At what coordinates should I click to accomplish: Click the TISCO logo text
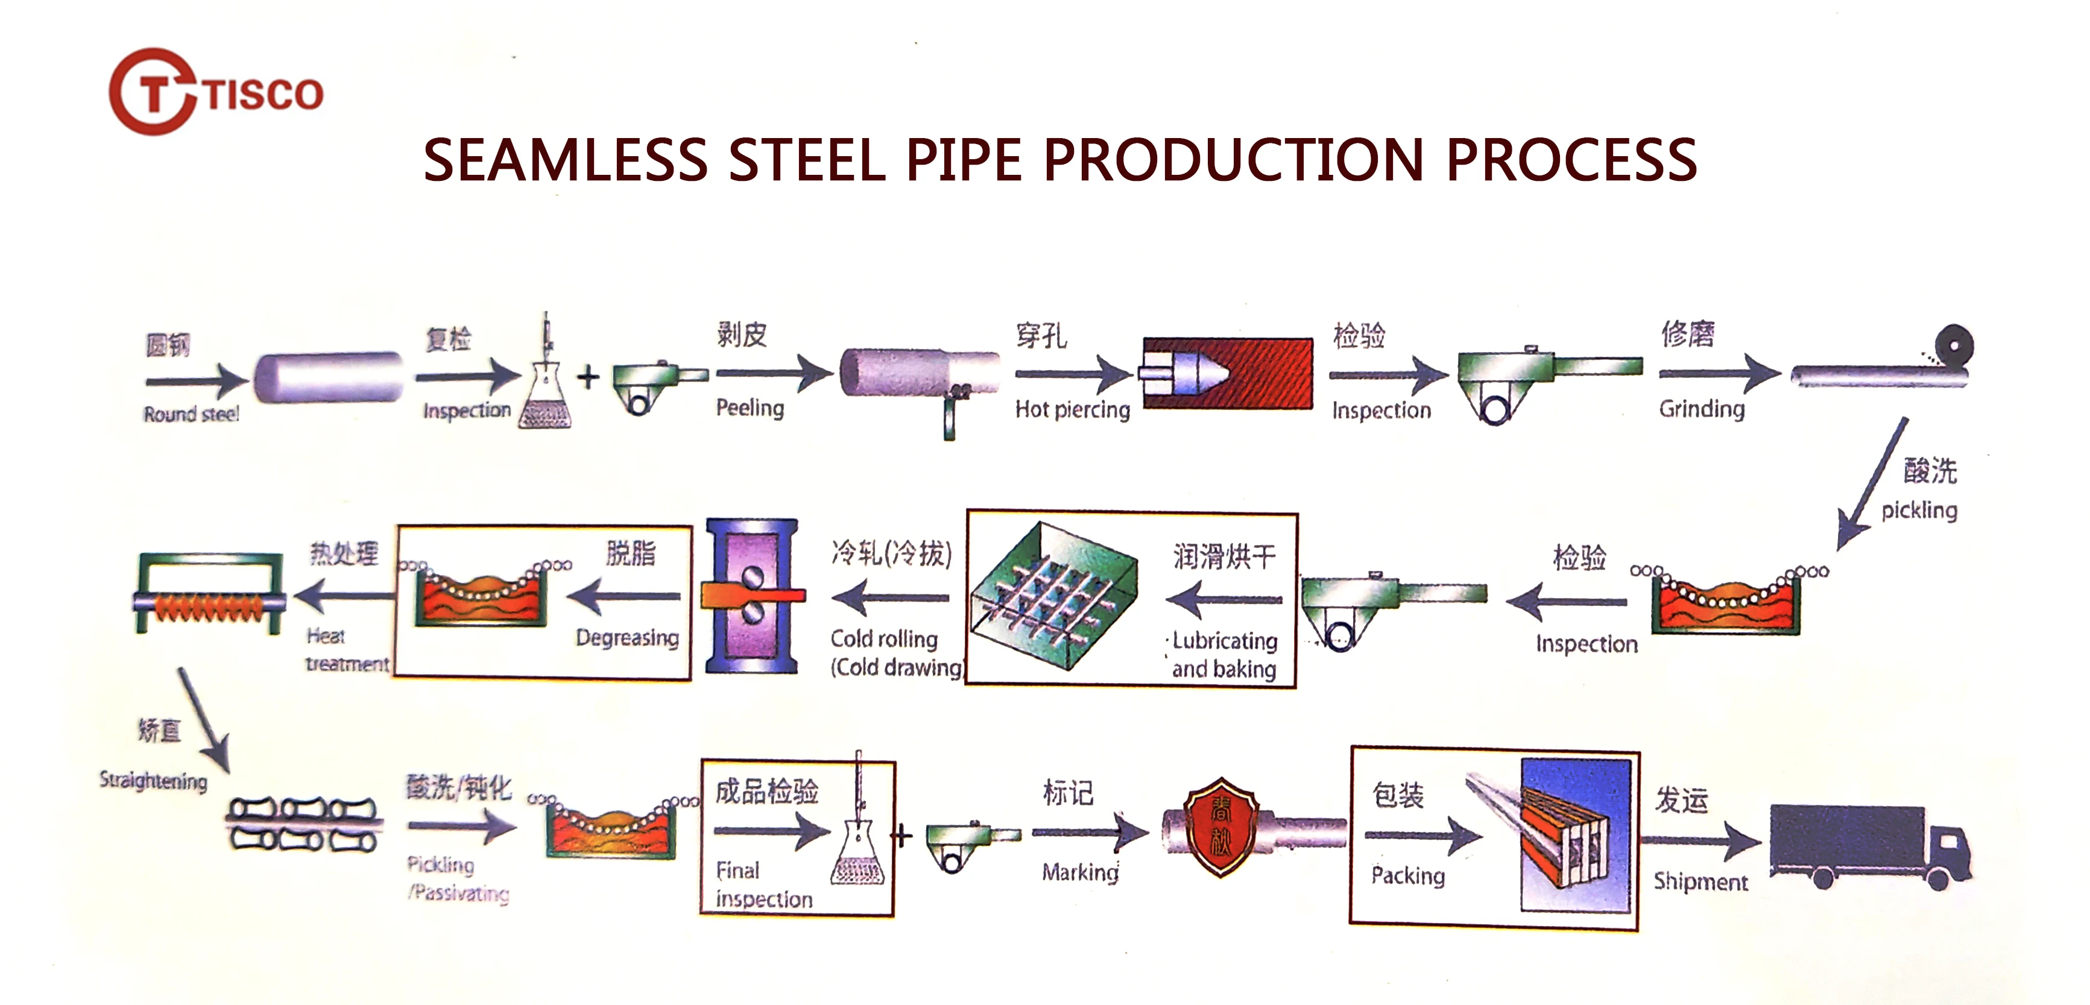click(x=263, y=93)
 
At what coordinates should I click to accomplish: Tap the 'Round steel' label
click(x=192, y=414)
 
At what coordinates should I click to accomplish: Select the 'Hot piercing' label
click(x=1072, y=409)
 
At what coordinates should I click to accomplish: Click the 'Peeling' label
click(x=750, y=407)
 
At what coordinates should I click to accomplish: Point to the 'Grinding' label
click(x=1702, y=409)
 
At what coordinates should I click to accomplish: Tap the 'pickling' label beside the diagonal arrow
click(x=1919, y=510)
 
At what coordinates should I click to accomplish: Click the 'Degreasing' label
click(x=627, y=638)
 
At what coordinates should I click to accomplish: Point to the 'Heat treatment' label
click(x=347, y=650)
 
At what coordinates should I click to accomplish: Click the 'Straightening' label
click(x=153, y=780)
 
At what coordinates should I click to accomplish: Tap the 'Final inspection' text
click(x=763, y=885)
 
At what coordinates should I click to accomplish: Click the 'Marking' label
click(x=1080, y=872)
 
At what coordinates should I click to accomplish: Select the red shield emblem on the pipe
click(x=1220, y=827)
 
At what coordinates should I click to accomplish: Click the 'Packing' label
click(x=1407, y=875)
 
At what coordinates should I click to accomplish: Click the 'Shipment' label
click(x=1700, y=881)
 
